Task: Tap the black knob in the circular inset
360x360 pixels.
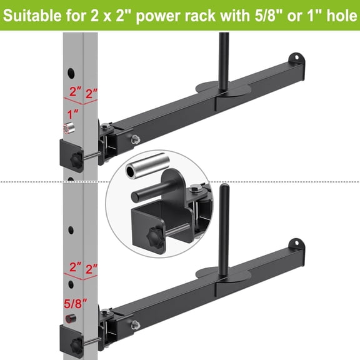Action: [x=152, y=239]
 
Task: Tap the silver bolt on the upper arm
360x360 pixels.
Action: [x=134, y=139]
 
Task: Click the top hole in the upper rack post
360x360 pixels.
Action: [x=71, y=71]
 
